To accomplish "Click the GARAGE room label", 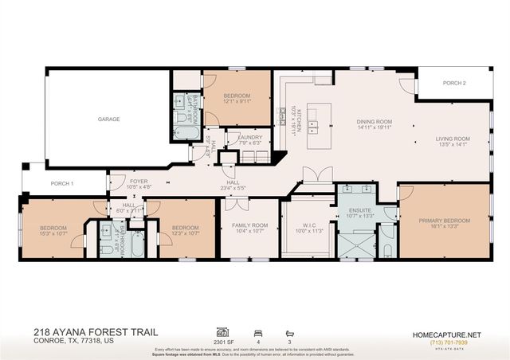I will pyautogui.click(x=108, y=119).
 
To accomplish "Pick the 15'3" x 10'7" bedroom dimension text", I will pyautogui.click(x=53, y=233).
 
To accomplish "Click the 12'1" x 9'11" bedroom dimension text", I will pyautogui.click(x=237, y=102).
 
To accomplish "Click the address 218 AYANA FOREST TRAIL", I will pyautogui.click(x=96, y=331).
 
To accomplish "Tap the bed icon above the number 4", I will pyautogui.click(x=257, y=331).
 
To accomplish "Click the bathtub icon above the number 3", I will pyautogui.click(x=288, y=331).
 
